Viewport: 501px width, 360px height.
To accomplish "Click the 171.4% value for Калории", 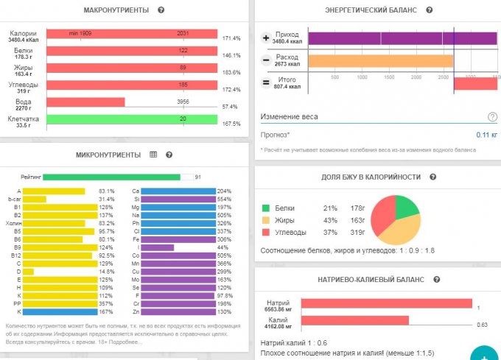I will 231,38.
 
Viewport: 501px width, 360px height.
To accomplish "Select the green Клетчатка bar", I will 131,119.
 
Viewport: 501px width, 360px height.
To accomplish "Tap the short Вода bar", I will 85,102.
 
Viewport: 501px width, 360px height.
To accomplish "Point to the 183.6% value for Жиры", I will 231,72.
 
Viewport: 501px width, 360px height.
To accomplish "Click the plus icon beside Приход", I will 266,38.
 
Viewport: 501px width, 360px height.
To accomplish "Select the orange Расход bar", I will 380,60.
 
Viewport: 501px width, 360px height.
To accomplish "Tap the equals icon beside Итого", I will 266,82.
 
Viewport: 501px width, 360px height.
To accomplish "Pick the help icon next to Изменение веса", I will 492,116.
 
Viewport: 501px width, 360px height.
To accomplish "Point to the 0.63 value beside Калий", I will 482,324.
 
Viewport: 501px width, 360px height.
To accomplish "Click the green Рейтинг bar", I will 111,177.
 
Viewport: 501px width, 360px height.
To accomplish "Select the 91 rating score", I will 198,177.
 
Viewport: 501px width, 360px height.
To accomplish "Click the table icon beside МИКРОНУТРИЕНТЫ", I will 153,155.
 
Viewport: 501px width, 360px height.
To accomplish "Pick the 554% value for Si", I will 225,200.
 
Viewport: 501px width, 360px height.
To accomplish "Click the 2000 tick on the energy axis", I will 416,77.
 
